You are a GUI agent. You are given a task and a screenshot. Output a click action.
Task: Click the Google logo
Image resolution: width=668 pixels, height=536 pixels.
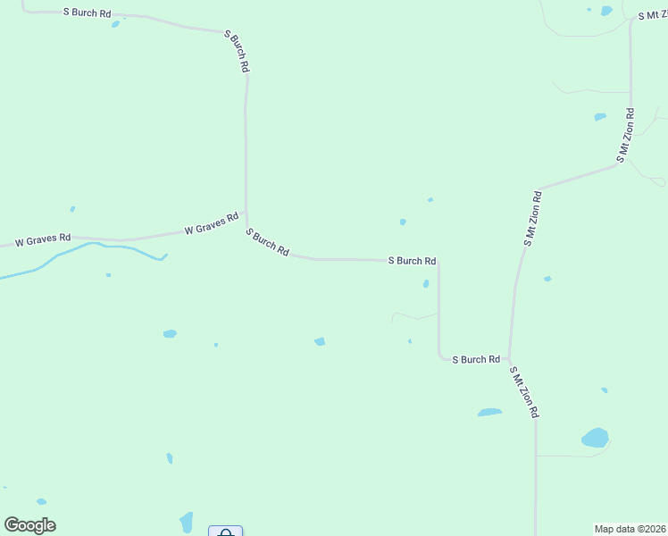[x=29, y=525]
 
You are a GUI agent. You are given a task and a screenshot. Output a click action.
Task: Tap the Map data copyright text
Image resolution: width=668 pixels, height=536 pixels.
[x=630, y=529]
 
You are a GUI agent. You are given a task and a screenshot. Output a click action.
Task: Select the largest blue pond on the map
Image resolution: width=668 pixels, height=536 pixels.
[x=595, y=438]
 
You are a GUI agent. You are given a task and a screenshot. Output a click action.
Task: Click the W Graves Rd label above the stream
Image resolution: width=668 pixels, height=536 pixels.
[x=43, y=240]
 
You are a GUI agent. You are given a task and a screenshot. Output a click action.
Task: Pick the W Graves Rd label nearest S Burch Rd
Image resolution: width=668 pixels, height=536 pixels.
[x=212, y=223]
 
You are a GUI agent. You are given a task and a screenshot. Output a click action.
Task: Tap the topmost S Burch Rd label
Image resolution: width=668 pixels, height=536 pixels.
[x=87, y=13]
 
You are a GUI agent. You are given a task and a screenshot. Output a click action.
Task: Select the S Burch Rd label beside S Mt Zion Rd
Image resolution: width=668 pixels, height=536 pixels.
[x=475, y=359]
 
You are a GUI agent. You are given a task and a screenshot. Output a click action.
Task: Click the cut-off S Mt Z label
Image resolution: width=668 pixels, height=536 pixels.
[x=652, y=16]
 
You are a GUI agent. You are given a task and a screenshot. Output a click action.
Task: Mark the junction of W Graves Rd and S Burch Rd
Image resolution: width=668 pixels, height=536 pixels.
[x=246, y=214]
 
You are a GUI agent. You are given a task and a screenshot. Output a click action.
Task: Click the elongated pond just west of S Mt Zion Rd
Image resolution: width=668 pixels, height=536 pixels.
[x=489, y=413]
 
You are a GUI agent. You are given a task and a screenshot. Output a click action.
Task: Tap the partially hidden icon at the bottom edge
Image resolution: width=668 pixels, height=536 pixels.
[x=225, y=532]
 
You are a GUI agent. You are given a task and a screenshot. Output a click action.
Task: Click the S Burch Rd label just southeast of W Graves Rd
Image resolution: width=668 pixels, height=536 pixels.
[x=267, y=242]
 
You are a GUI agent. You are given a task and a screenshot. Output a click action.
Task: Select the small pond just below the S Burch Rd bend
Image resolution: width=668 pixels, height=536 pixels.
[x=426, y=284]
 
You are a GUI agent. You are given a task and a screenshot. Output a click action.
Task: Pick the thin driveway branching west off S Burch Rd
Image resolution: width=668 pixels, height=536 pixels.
[x=413, y=315]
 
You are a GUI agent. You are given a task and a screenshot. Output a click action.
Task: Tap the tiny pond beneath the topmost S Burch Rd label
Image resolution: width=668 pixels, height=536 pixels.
[x=115, y=24]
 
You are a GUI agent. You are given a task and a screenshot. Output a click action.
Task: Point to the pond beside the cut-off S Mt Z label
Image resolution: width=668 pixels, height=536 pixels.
[x=606, y=11]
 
